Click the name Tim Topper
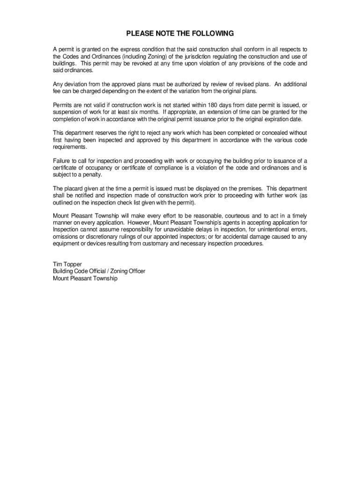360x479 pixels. [67, 264]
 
